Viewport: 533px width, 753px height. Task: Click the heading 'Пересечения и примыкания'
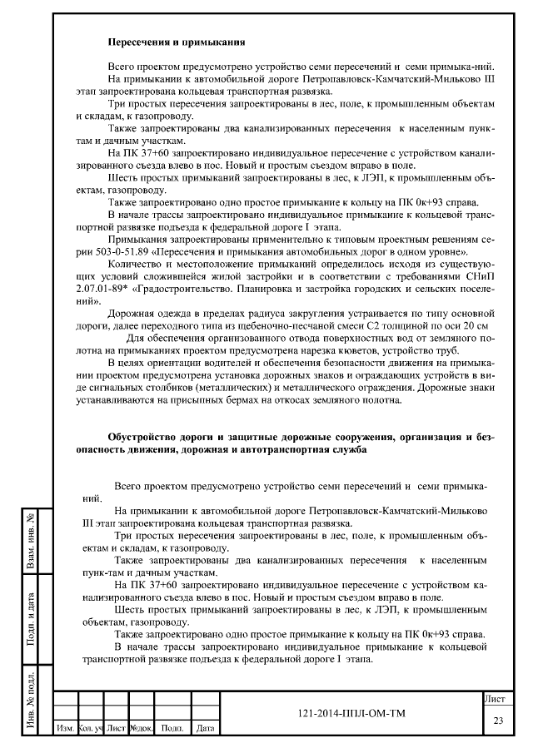coord(177,39)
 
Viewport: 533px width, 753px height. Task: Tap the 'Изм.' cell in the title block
coord(64,729)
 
